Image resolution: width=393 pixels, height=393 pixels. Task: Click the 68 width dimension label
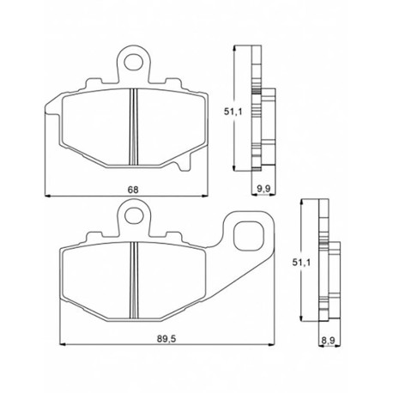tap(133, 190)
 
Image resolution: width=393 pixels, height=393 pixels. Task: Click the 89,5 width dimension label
tap(166, 339)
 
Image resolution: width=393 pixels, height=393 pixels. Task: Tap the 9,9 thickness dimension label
tap(264, 189)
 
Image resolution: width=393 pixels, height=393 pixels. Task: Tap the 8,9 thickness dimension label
tap(328, 341)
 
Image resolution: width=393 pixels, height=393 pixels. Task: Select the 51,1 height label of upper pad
tap(233, 112)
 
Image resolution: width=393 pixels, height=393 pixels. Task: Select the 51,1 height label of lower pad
tap(301, 262)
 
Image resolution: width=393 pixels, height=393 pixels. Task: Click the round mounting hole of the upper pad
tap(134, 62)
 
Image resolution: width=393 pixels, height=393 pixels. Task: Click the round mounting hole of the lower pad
tap(134, 215)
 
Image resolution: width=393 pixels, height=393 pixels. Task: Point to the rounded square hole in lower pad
tap(248, 236)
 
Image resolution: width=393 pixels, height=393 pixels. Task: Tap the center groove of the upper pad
tap(134, 127)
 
